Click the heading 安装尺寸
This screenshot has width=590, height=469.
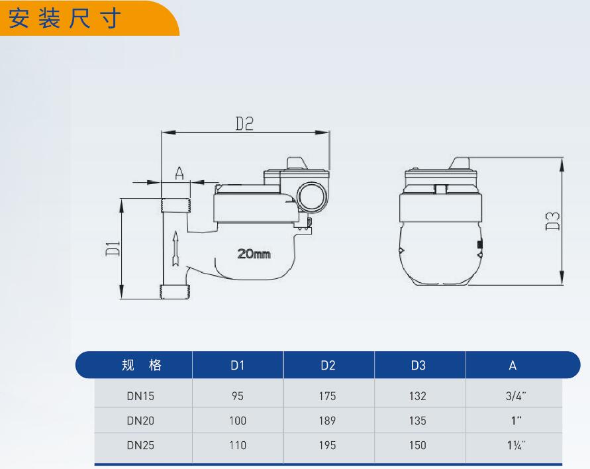tap(65, 19)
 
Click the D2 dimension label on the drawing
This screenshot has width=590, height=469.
tap(245, 123)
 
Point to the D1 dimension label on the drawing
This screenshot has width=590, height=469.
tap(113, 249)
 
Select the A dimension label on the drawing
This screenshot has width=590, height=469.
tap(179, 174)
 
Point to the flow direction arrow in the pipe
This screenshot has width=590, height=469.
tap(175, 248)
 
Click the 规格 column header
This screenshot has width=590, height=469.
tap(141, 365)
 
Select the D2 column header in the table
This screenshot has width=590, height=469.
tap(328, 365)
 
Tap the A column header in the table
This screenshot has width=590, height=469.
tap(513, 365)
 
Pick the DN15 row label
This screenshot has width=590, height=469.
tap(140, 396)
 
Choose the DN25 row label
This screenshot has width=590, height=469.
tap(140, 445)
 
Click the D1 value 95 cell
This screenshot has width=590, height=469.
tap(238, 396)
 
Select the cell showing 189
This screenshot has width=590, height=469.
tap(327, 421)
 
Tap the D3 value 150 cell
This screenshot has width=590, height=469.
tap(418, 445)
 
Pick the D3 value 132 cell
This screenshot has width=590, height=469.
tap(418, 396)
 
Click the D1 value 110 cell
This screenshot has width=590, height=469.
tap(238, 445)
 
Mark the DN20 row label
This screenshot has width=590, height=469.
tap(140, 421)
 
